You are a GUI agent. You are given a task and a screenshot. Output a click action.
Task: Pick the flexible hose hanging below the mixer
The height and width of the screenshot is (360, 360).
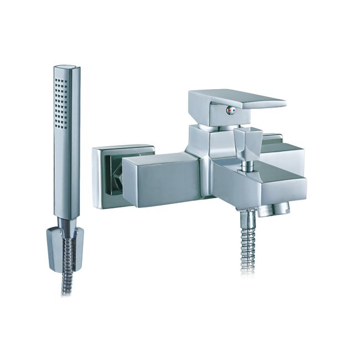tap(248, 244)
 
